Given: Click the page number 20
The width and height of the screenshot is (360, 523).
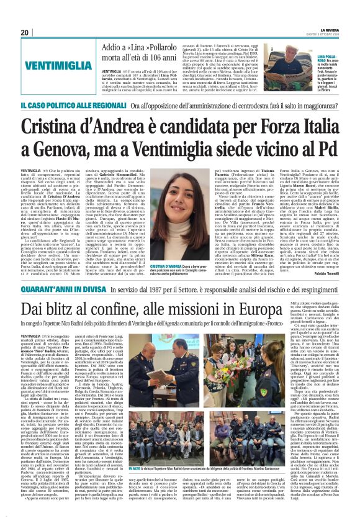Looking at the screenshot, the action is tap(25, 32).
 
